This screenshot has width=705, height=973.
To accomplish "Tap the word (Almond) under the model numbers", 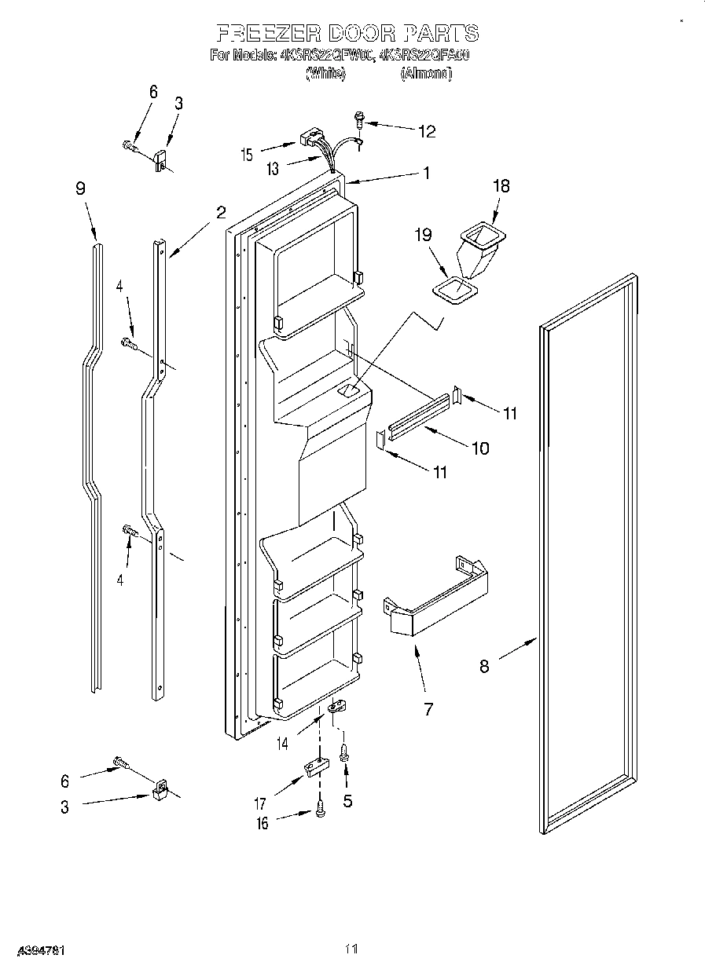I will (425, 74).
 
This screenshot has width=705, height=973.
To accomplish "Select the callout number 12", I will (426, 131).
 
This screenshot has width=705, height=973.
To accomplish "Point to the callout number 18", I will (501, 186).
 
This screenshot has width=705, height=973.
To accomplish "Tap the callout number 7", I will (428, 709).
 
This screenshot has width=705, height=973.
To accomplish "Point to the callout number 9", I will (80, 188).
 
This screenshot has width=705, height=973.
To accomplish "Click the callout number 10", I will (479, 448).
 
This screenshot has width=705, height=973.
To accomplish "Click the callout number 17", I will (260, 803).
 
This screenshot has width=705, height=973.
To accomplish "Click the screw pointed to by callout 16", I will (320, 810).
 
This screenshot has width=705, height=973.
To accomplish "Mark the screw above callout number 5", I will (344, 754).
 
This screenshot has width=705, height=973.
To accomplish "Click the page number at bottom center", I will (351, 949).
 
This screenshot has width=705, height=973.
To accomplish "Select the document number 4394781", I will (37, 950).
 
